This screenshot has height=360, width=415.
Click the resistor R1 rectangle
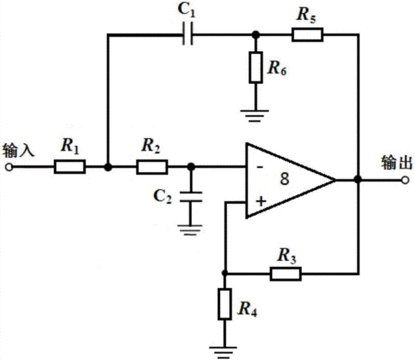point(70,166)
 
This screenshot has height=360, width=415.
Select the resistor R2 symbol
point(152,166)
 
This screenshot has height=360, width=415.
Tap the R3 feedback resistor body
point(286,274)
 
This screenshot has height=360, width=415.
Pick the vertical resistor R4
point(224,304)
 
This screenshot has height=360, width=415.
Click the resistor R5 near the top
point(307,35)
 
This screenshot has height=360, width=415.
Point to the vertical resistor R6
point(255,67)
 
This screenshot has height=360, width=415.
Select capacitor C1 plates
point(188,34)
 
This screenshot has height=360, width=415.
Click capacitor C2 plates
point(191,197)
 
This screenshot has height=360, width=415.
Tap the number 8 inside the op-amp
point(285,179)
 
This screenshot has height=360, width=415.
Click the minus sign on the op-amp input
point(260,166)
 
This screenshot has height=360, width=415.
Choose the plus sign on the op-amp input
point(261,202)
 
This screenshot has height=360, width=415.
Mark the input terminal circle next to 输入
point(9,167)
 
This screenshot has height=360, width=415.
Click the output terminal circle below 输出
point(405,180)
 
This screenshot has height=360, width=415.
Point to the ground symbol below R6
point(255,116)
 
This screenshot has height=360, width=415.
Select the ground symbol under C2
point(190,230)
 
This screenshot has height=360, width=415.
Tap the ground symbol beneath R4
point(223,353)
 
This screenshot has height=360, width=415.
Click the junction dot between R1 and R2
point(108,167)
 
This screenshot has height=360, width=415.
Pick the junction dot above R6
point(255,35)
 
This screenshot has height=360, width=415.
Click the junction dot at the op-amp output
point(358,179)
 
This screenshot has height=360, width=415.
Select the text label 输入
point(19,150)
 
